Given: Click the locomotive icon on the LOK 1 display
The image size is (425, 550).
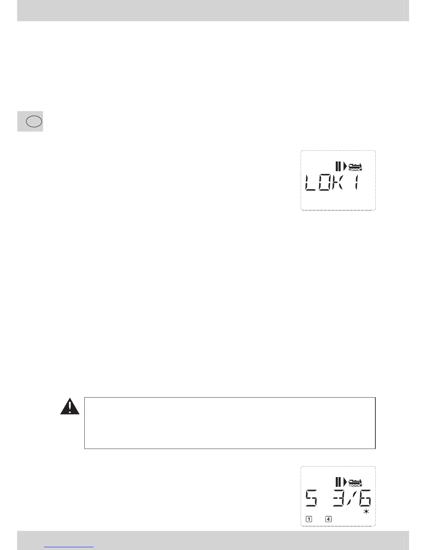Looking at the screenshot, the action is point(355,167).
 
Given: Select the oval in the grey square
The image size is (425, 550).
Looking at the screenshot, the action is point(34,122).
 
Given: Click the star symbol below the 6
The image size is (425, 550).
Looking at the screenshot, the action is point(366,511).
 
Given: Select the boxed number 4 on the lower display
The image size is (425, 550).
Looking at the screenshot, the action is point(328,519).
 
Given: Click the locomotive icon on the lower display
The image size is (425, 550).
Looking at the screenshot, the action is point(355,483).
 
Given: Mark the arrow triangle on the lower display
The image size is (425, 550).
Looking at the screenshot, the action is point(345,482).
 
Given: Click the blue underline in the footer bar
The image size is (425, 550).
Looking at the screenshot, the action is point(69,547).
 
